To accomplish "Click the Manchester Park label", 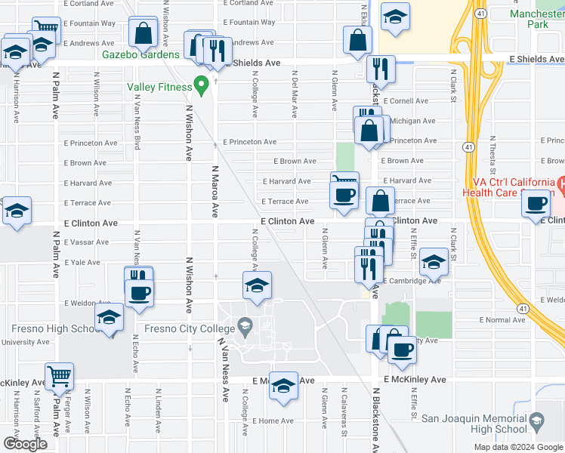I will coord(536,19).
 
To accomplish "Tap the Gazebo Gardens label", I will coord(141,54).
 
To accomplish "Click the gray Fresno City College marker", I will coord(244,327).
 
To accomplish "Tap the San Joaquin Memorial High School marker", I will coord(536,420).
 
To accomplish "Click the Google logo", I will coord(25,444).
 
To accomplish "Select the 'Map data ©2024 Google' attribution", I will coord(518,447).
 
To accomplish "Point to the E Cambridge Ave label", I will coord(412,281).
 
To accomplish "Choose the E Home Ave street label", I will coord(273,421).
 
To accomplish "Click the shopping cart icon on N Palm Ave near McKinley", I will coord(59,376).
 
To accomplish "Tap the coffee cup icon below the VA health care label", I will coord(536,204).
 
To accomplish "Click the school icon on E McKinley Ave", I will coord(283,385).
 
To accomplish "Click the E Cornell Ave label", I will coord(406,100).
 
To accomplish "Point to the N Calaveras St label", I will coord(344,416).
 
